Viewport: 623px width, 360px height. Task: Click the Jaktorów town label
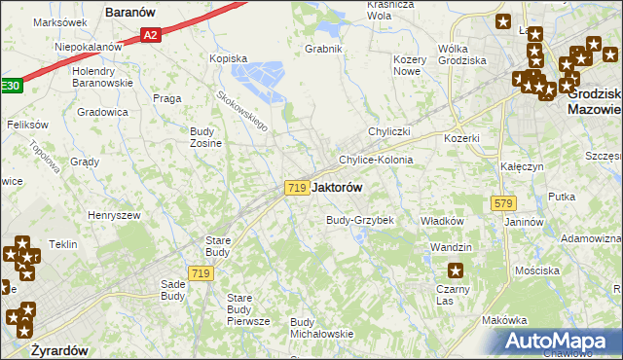click(341, 187)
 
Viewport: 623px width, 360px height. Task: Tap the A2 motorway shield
click(149, 35)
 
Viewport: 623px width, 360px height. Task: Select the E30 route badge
click(9, 87)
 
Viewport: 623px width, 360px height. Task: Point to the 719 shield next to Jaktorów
click(298, 187)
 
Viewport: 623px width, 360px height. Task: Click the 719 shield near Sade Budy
click(202, 274)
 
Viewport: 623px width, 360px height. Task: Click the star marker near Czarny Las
click(453, 270)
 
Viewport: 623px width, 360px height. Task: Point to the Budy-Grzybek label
click(359, 221)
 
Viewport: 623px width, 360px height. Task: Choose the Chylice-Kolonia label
click(375, 160)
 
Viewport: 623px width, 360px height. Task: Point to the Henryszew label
click(114, 215)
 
